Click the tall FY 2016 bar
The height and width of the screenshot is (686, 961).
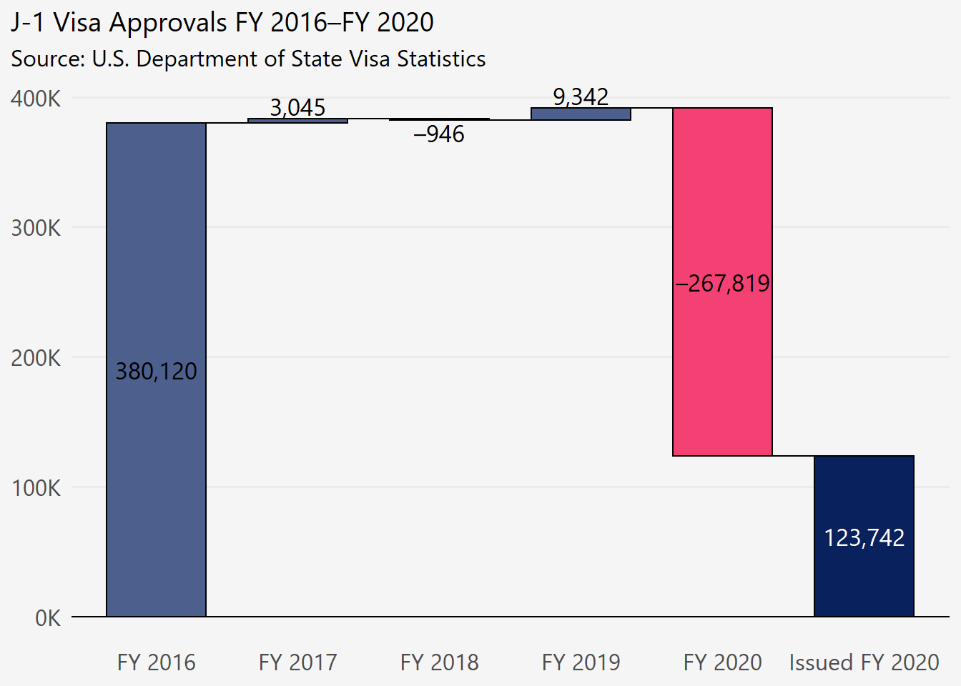[x=156, y=429]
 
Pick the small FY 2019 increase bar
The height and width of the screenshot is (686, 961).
[x=581, y=114]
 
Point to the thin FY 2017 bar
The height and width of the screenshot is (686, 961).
[x=297, y=121]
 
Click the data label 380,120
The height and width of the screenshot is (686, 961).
[x=156, y=372]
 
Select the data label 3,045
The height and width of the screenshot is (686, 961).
[x=297, y=107]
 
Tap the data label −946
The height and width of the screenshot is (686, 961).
[x=439, y=134]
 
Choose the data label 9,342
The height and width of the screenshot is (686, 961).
[x=581, y=96]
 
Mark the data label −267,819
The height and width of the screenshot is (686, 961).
[x=722, y=284]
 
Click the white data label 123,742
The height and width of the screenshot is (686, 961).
[x=864, y=537]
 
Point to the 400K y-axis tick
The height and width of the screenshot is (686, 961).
[x=36, y=99]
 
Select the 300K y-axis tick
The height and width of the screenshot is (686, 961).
[x=36, y=229]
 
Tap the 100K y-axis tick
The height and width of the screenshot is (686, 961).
[x=36, y=488]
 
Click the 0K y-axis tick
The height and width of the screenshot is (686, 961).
[x=47, y=618]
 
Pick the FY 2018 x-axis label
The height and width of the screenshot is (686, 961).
[x=439, y=662]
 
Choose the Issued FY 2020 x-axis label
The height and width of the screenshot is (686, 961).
[x=864, y=662]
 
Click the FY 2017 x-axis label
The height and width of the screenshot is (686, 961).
[x=297, y=662]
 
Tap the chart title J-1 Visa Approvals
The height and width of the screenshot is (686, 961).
[x=222, y=23]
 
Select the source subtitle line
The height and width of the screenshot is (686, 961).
[x=248, y=59]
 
